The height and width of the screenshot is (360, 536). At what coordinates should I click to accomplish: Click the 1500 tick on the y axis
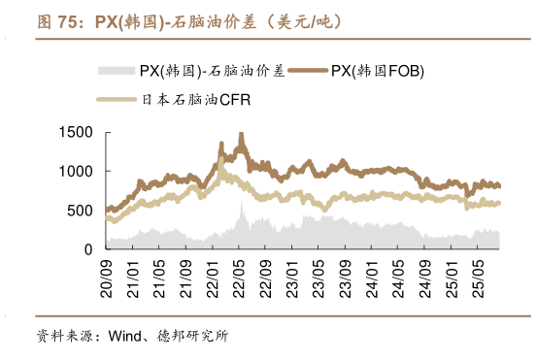point(78,132)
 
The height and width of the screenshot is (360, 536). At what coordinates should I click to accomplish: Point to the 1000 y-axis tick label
point(78,171)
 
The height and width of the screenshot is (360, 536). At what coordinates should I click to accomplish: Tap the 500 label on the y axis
point(82,211)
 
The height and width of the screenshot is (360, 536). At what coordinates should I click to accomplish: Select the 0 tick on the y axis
point(89,249)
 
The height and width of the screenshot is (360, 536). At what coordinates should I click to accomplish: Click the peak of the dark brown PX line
point(241,135)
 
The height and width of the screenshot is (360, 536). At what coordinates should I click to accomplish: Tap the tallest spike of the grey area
point(242,205)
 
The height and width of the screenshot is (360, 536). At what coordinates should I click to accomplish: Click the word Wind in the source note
point(126,338)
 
